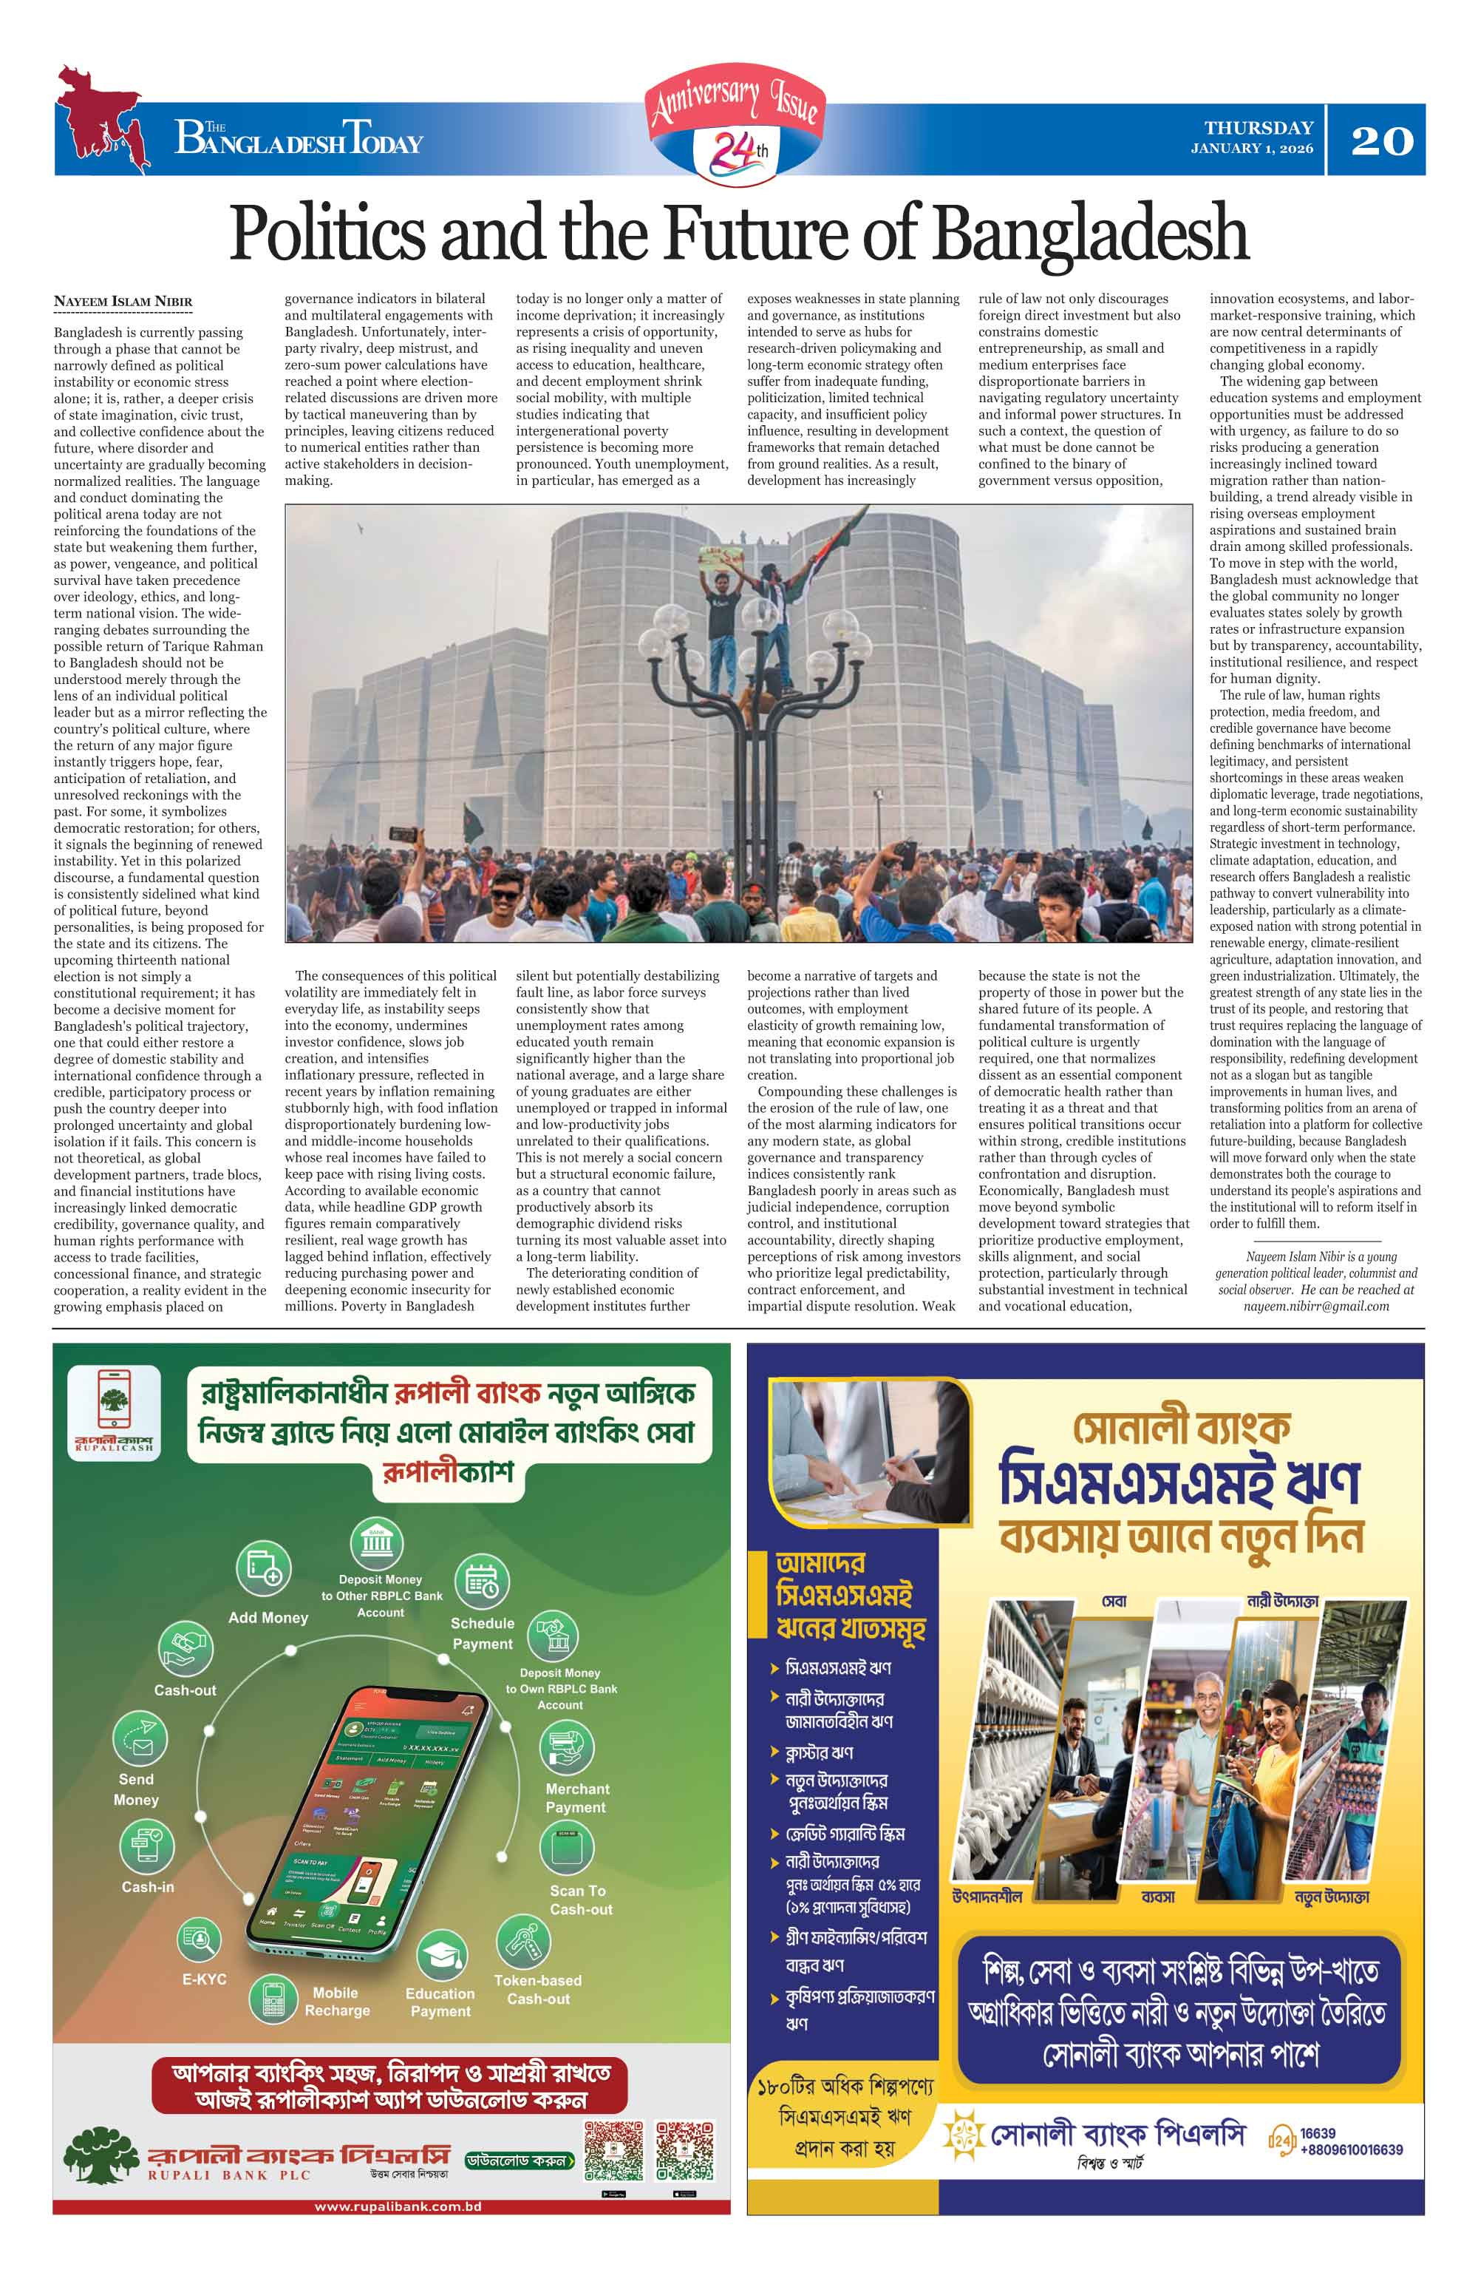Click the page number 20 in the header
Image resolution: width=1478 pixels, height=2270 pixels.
(1382, 141)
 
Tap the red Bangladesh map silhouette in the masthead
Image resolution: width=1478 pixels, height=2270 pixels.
(99, 119)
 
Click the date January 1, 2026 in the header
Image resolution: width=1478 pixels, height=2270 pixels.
(1251, 149)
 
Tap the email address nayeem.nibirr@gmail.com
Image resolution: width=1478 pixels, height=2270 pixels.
(1316, 1306)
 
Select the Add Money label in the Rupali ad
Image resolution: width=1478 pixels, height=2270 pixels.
(268, 1618)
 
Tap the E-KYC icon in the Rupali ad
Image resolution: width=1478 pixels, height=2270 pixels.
(200, 1939)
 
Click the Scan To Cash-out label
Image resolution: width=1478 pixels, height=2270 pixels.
(580, 1900)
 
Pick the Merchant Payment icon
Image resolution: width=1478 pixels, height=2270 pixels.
(566, 1746)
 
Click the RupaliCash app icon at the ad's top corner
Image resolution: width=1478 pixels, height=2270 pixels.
(115, 1412)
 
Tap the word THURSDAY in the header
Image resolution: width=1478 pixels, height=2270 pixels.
(1258, 128)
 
